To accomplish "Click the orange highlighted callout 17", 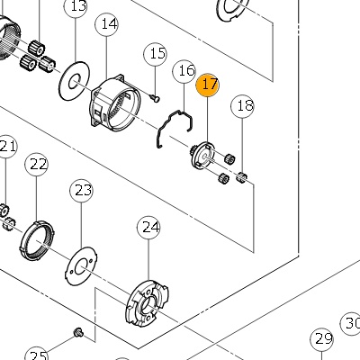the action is click(x=207, y=85).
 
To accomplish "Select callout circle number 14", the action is click(x=107, y=24).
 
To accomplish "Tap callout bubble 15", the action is click(x=156, y=54).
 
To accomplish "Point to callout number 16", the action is click(x=184, y=71).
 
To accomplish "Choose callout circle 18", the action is click(x=242, y=106).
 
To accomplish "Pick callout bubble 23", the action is click(x=81, y=191).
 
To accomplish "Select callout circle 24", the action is click(x=148, y=228).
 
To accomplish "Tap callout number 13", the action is click(x=76, y=6).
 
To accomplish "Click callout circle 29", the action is click(x=322, y=340).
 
